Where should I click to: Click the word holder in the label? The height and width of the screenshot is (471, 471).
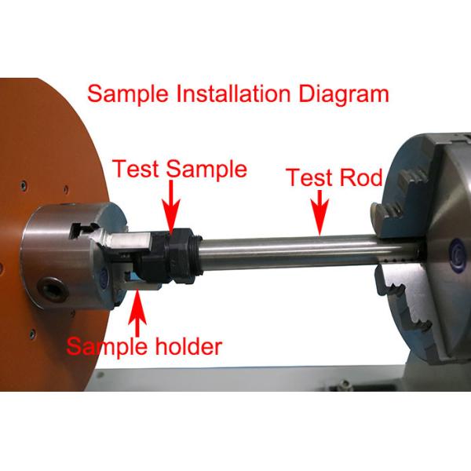186,345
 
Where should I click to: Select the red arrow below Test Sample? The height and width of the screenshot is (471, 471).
170,203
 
